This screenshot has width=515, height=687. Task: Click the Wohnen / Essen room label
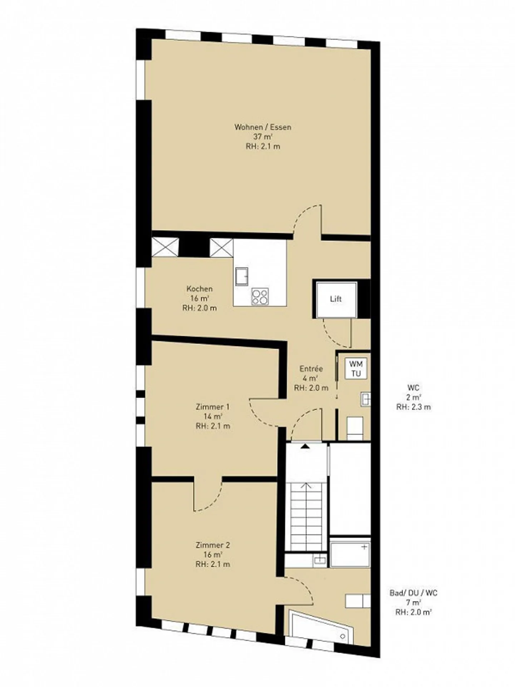click(263, 136)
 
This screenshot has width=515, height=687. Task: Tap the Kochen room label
click(200, 298)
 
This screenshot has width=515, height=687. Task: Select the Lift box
click(336, 299)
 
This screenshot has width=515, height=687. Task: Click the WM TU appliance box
click(355, 369)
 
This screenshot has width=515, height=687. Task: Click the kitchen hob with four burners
click(260, 296)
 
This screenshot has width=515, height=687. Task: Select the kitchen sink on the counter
click(242, 276)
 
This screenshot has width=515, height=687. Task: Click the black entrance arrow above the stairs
click(305, 446)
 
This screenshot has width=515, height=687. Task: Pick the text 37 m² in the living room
click(263, 136)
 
